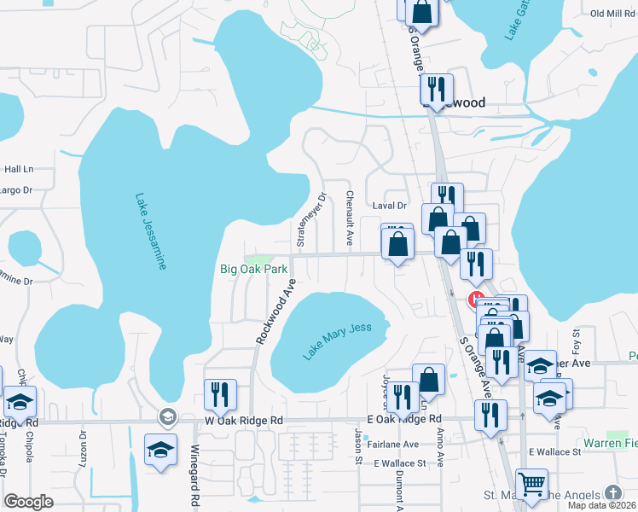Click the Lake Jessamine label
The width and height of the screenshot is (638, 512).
pos(149,231)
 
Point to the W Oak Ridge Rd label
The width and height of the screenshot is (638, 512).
pos(230,421)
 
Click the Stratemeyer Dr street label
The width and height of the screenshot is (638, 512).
pos(310,220)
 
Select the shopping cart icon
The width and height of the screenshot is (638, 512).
pos(532,484)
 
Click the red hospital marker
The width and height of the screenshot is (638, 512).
pos(473,300)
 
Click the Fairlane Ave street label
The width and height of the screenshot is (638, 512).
pos(392,445)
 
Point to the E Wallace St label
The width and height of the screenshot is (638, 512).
pos(399,463)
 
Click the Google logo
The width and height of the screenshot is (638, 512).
pos(28,502)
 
